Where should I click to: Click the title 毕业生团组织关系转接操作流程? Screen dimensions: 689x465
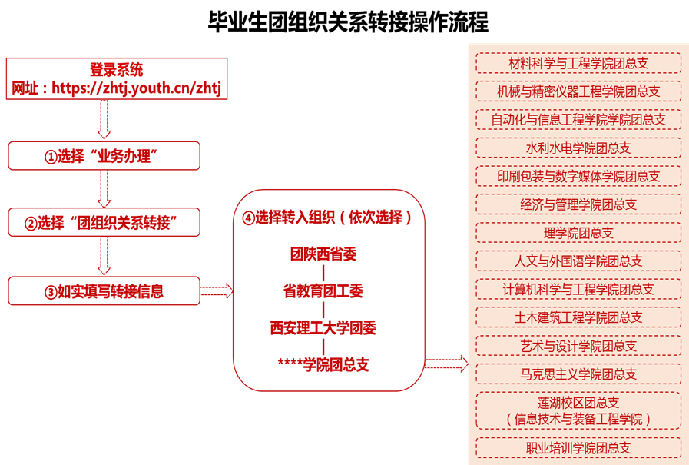coord(348,22)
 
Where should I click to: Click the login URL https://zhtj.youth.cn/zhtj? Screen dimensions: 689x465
coord(136,88)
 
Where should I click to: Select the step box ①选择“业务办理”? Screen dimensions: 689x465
coord(104,155)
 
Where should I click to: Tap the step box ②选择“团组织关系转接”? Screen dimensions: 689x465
coord(104,222)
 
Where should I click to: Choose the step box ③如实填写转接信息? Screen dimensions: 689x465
coord(104,291)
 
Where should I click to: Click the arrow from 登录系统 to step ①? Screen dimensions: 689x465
coord(104,119)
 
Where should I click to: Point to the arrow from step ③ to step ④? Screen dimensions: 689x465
coord(216,291)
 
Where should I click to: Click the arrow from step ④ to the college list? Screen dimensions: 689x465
coord(446,364)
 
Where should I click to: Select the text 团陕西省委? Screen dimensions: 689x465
coord(323,254)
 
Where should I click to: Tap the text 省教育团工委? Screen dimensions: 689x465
coord(323,291)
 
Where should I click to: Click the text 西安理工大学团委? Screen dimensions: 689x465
coord(323,328)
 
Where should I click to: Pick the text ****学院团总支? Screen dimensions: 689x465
coord(323,364)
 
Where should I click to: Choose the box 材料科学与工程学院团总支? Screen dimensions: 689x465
coord(578,63)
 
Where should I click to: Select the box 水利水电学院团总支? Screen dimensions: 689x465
coord(578,148)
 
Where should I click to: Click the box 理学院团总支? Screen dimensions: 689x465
coord(578,233)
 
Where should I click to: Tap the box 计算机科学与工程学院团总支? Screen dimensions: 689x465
coord(578,289)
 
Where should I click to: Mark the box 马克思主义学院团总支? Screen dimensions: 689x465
coord(578,374)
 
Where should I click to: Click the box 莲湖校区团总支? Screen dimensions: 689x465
coord(578,410)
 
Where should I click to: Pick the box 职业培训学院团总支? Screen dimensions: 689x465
coord(578,448)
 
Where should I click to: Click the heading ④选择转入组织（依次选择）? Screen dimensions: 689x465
coord(327,217)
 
